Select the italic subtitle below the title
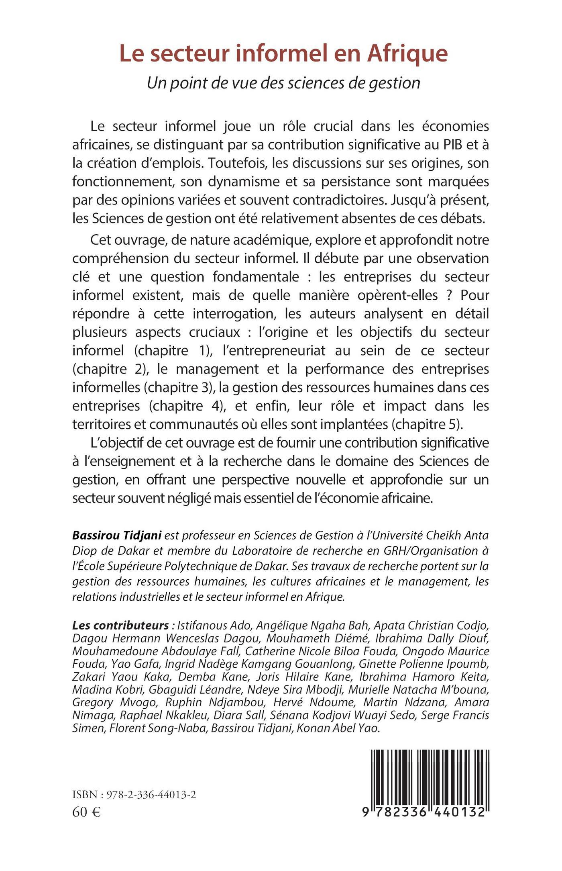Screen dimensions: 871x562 [x=283, y=83]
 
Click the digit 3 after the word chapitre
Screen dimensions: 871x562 [x=204, y=387]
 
